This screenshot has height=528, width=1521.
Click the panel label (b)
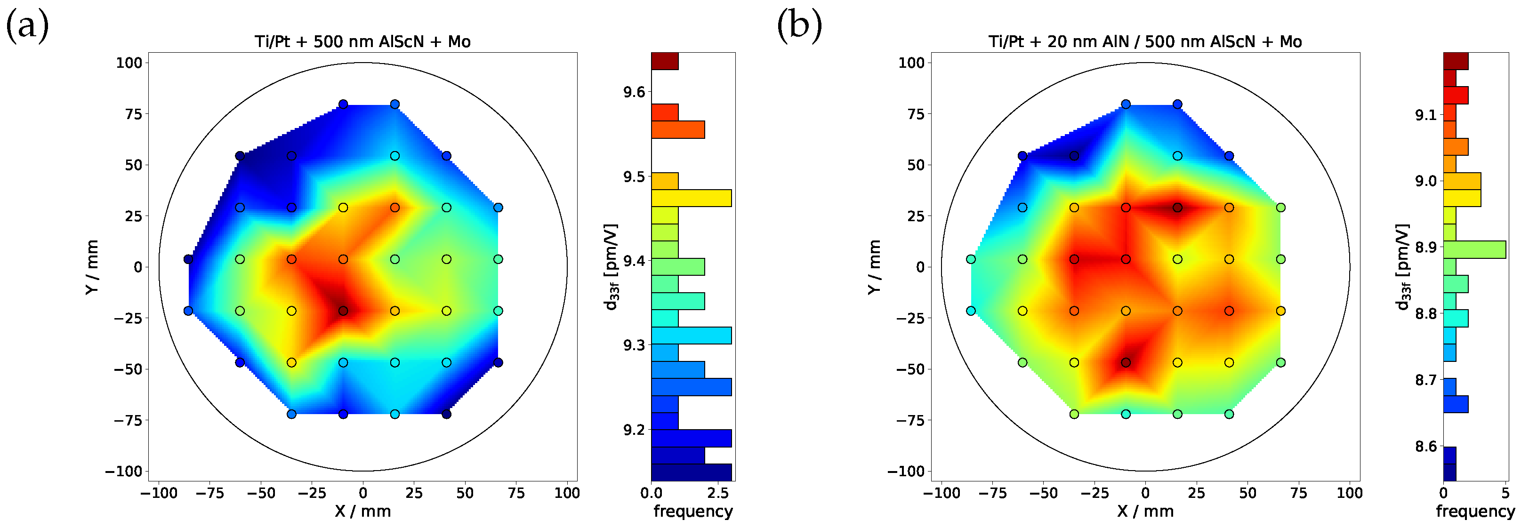tap(799, 26)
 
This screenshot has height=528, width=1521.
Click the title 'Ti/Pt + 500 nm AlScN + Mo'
tap(362, 42)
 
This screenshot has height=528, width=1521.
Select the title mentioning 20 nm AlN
tap(1145, 42)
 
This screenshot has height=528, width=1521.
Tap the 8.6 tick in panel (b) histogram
tap(1426, 447)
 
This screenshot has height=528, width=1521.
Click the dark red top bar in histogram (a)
tap(665, 61)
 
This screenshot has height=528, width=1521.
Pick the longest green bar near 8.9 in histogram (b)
tap(1474, 249)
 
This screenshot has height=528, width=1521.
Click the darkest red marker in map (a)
tap(343, 311)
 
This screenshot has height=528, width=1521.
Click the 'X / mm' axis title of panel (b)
tap(1145, 512)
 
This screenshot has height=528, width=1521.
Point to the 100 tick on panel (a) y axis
tap(129, 63)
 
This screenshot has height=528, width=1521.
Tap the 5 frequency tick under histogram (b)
tap(1505, 493)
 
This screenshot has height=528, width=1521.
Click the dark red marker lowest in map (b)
tap(1126, 363)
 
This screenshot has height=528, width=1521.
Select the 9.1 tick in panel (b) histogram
tap(1426, 115)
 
